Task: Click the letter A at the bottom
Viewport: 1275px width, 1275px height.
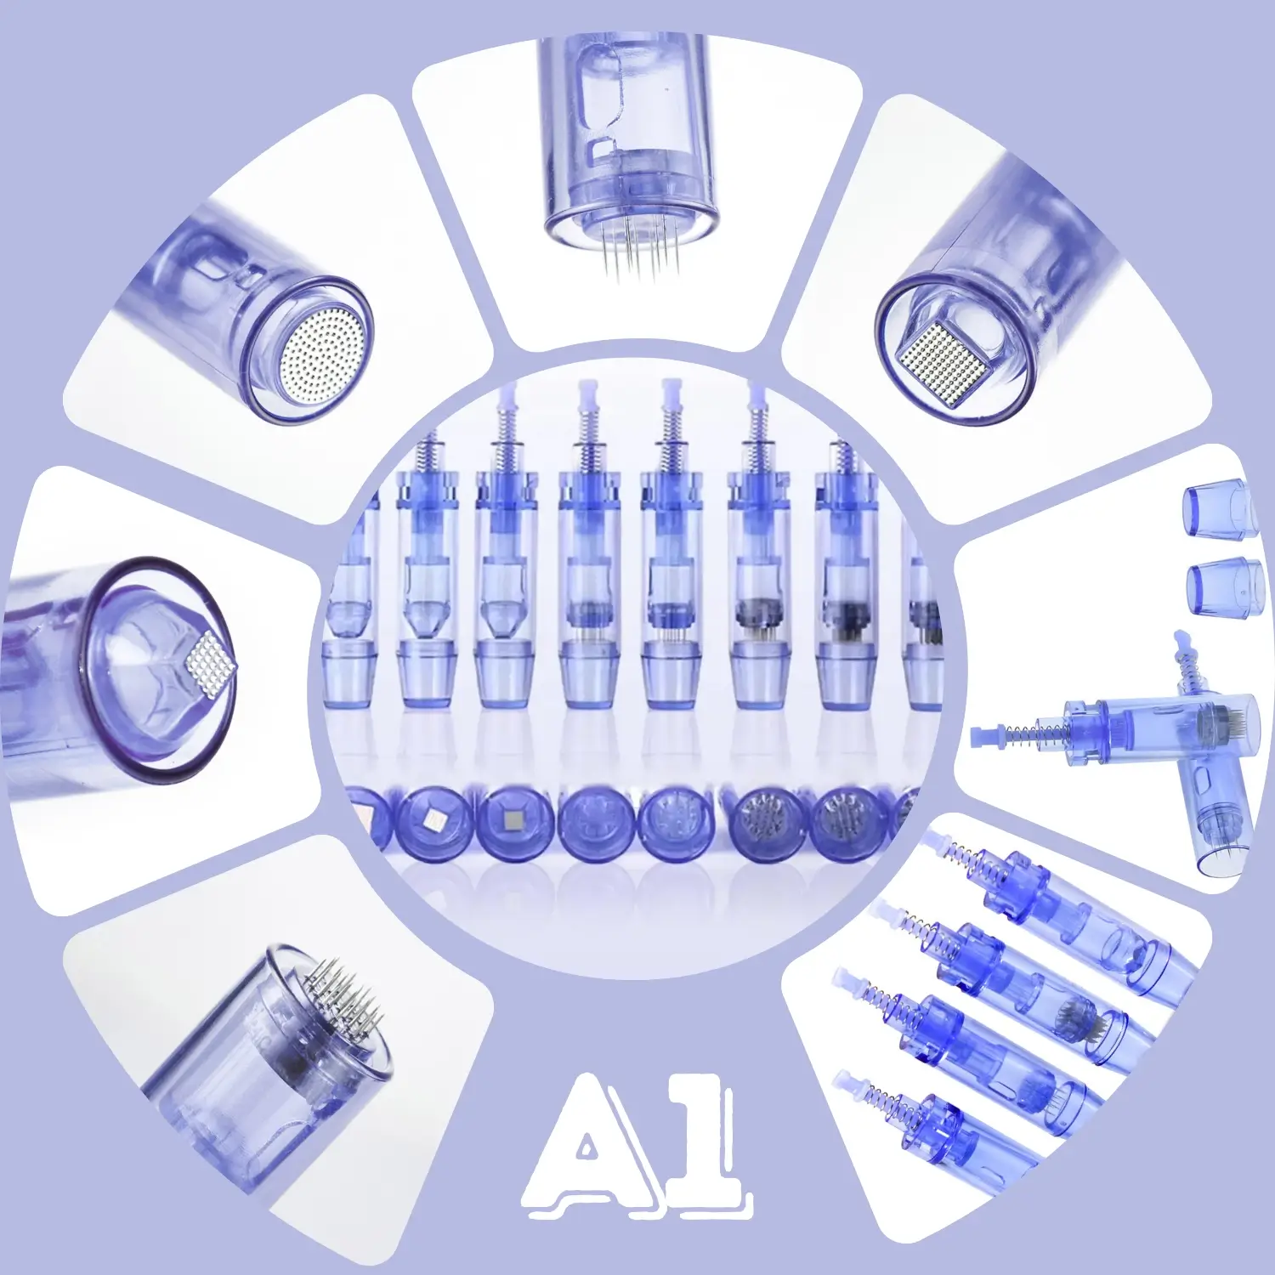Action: [590, 1146]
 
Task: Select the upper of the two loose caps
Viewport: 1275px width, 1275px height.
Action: [1220, 509]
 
